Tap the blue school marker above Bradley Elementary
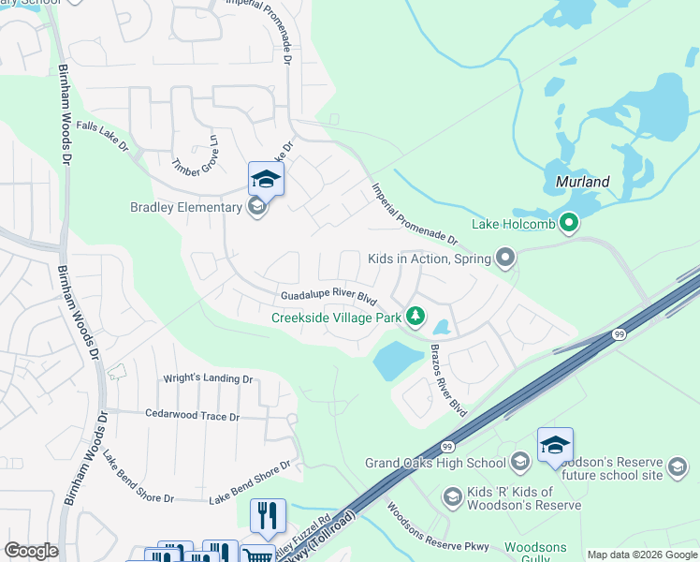point(266,179)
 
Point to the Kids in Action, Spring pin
point(505,258)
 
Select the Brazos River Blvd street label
point(447,379)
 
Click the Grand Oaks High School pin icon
point(520,461)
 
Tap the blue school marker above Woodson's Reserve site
point(555,445)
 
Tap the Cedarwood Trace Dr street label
point(192,416)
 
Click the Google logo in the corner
point(31,551)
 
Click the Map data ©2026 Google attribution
point(641,555)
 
